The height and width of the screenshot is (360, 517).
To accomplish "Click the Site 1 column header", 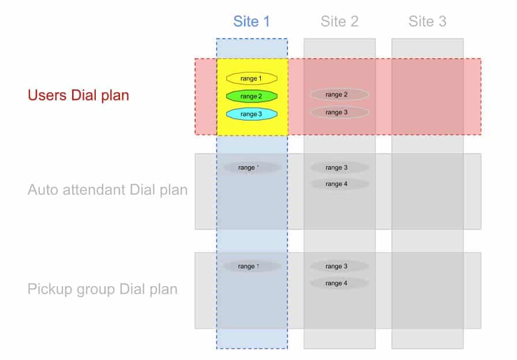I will coord(252,22).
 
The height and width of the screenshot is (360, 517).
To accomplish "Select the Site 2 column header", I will coord(340,22).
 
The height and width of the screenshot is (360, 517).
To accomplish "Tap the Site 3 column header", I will coord(428,22).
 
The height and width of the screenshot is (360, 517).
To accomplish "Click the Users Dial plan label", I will coord(78,95).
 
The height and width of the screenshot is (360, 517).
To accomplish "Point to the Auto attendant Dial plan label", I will coord(107,190).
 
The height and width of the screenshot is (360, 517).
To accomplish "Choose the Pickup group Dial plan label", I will coord(102,289).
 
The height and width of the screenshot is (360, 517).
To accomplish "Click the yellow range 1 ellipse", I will coord(252,78).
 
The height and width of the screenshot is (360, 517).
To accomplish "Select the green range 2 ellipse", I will coord(252,96).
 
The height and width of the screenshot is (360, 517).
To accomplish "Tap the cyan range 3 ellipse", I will coord(252,114).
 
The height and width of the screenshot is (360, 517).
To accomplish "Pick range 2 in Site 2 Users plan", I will coord(339,95).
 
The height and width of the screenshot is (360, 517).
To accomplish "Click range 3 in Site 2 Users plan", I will coord(339,112).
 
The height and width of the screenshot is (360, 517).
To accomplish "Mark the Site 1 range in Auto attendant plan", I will coord(252,168).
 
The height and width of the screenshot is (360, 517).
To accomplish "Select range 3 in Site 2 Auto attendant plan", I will coord(339,168).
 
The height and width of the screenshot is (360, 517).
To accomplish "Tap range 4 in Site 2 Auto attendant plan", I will coord(339,185).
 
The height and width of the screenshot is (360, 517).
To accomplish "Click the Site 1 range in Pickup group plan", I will coord(252,267).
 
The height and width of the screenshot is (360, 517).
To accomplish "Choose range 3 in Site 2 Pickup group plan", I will coord(339,267).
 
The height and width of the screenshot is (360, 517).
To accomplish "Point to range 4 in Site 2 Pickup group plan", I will coord(339,283).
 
